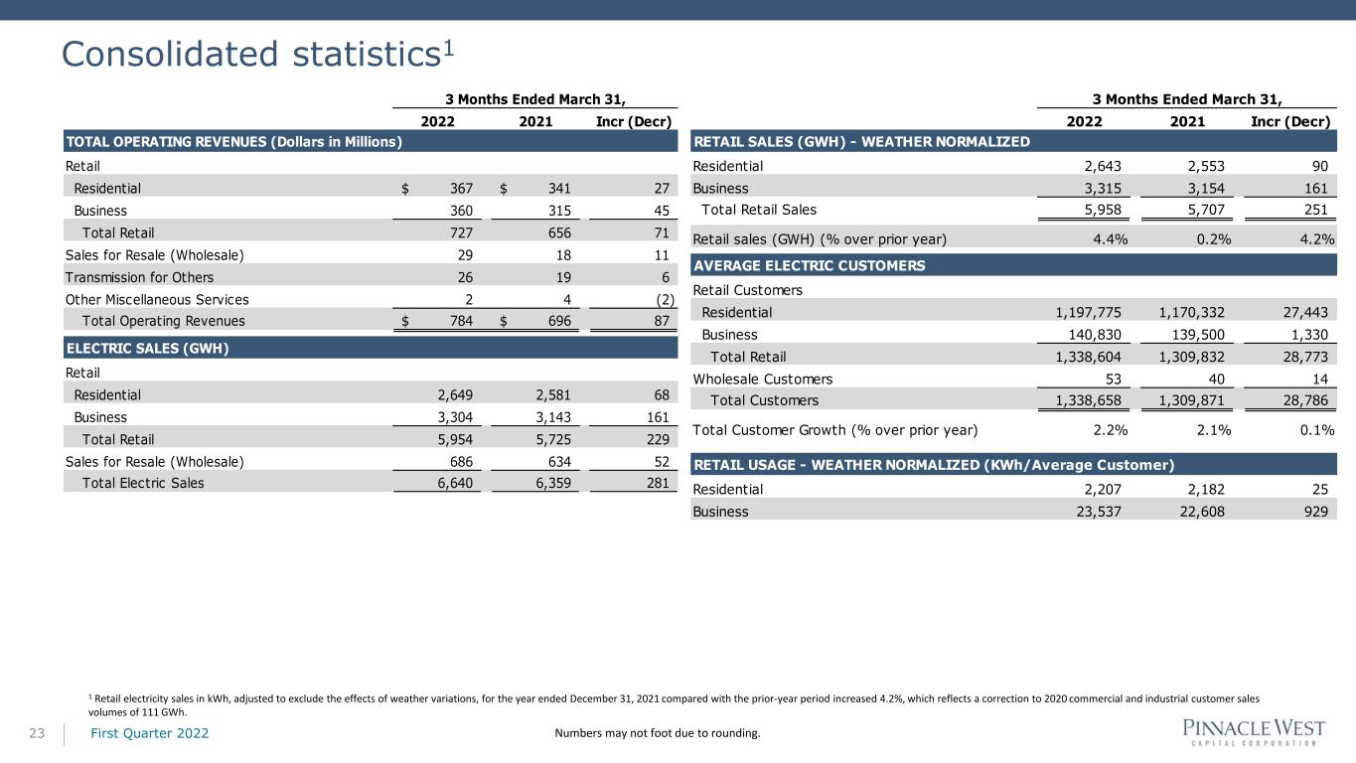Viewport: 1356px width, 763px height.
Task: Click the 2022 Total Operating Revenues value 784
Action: point(461,321)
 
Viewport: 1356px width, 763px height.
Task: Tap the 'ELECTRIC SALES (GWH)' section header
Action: point(148,349)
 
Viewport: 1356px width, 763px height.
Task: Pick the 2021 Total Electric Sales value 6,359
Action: point(553,483)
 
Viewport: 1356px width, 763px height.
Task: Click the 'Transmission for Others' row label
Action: point(139,277)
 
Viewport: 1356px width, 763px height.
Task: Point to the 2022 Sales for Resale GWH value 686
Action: point(461,462)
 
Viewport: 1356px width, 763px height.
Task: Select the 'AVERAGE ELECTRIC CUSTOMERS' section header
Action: point(810,266)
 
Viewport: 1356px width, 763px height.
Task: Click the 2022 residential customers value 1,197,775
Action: point(1089,313)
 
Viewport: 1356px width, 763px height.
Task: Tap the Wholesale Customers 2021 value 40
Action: point(1216,380)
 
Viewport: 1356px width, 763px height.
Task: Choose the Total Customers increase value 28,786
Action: point(1305,401)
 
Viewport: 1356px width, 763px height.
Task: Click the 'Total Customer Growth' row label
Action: point(835,430)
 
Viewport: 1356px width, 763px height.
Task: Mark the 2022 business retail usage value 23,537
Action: point(1099,513)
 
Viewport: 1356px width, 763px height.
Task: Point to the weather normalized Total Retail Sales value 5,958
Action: point(1103,211)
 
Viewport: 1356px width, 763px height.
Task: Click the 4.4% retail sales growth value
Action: point(1111,239)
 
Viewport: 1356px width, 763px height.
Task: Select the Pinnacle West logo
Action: point(1254,733)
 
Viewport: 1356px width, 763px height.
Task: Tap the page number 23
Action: point(37,734)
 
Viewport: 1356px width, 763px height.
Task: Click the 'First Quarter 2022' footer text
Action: point(150,733)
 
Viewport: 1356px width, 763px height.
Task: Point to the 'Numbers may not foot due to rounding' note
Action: point(658,733)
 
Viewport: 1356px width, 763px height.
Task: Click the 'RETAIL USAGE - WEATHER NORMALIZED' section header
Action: point(934,465)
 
